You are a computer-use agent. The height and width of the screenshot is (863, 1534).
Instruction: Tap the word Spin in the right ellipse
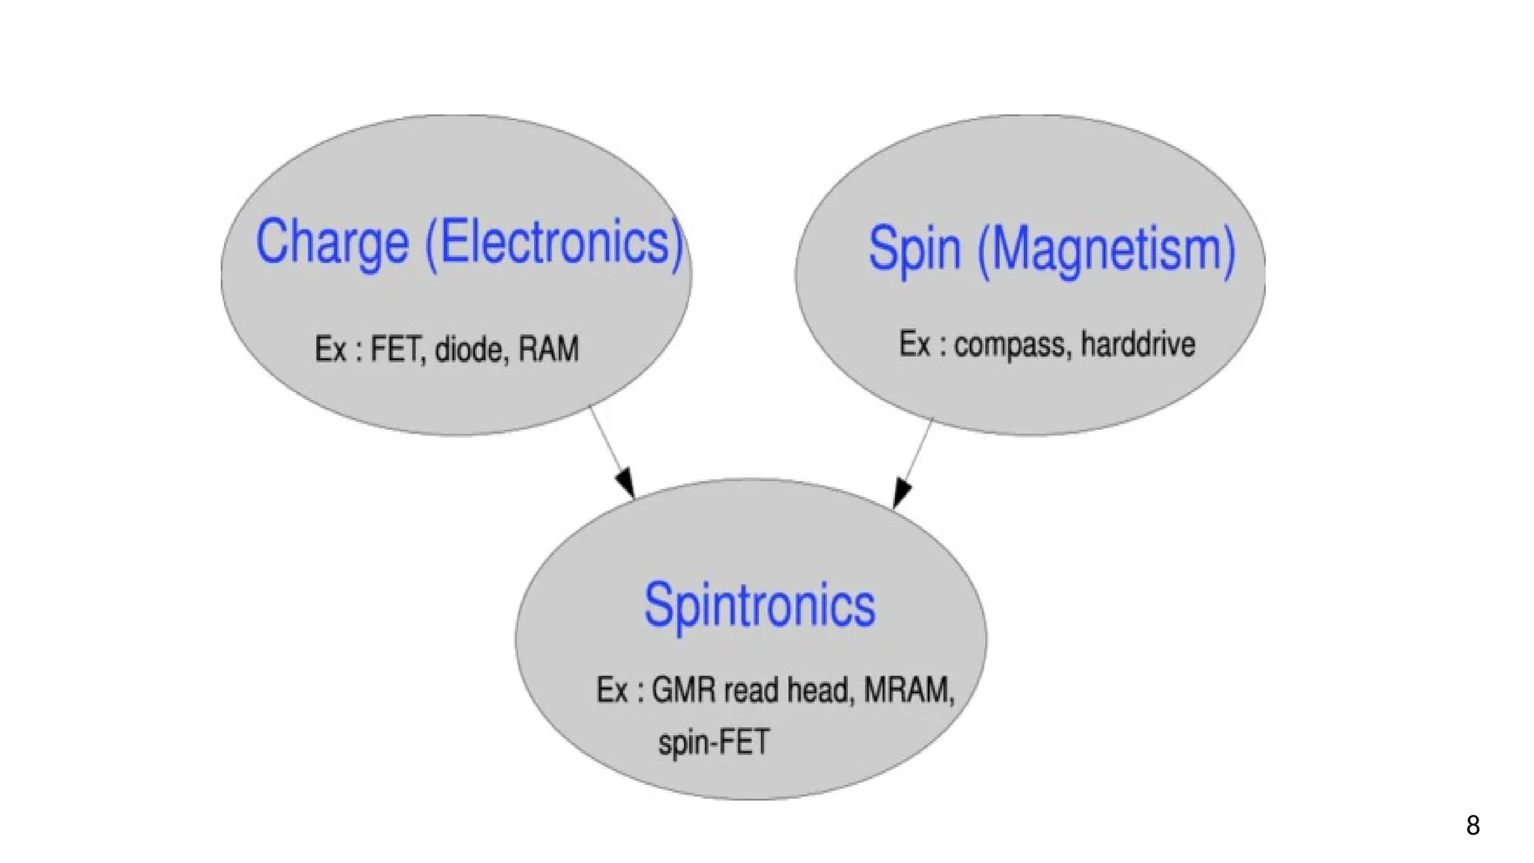(914, 249)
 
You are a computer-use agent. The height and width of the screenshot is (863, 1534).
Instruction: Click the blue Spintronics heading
(760, 605)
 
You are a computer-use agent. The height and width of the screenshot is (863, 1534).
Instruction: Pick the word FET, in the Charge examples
(398, 350)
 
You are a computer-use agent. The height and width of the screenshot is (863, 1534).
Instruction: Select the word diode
(468, 350)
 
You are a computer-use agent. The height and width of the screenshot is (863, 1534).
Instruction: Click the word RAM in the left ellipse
(549, 350)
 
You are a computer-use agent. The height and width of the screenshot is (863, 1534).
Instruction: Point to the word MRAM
(909, 690)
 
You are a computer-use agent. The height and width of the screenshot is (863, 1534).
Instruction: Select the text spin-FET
(713, 743)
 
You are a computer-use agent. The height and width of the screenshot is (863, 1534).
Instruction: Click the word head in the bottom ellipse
(819, 690)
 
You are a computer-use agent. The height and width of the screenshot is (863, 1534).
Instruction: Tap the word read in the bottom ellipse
(751, 690)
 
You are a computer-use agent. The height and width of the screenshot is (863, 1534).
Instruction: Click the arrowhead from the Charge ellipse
(626, 483)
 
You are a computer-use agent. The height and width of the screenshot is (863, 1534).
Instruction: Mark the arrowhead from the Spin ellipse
(901, 494)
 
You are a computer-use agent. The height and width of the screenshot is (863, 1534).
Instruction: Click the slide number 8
(1473, 826)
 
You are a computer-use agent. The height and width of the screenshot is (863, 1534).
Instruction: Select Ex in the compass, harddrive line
(915, 345)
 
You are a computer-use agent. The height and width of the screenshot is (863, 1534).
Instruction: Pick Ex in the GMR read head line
(611, 690)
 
